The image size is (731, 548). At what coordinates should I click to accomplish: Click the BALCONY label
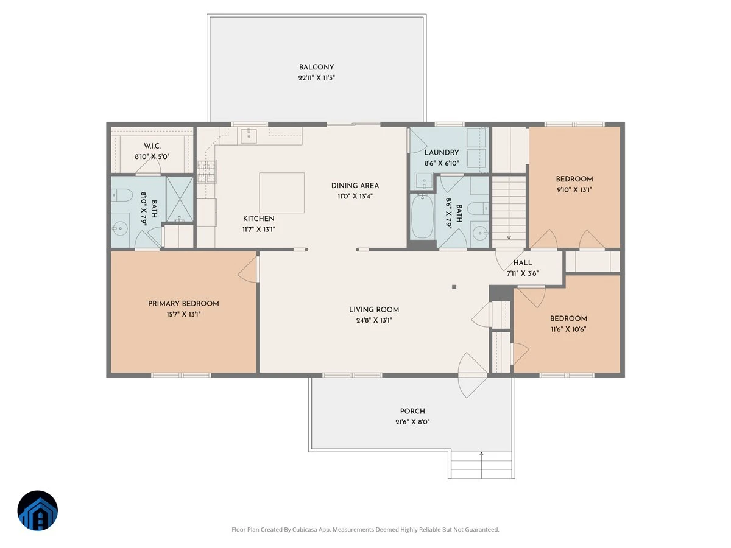click(316, 67)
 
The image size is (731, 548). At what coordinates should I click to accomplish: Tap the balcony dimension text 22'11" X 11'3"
click(316, 78)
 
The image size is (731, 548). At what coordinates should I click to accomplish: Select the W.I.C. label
click(152, 146)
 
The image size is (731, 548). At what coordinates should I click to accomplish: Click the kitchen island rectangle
click(281, 192)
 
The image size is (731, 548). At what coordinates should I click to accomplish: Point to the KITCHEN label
click(259, 219)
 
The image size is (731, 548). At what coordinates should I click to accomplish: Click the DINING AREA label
click(355, 186)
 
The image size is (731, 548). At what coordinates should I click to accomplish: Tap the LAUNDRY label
click(442, 153)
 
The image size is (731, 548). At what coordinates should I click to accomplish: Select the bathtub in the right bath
click(422, 217)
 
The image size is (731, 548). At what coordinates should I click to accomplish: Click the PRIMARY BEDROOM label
click(183, 304)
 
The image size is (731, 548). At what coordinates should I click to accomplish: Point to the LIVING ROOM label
click(374, 310)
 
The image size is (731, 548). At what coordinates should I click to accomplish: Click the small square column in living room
click(454, 287)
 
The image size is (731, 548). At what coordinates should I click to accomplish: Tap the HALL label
click(523, 263)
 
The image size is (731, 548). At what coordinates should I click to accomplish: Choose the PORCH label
click(412, 411)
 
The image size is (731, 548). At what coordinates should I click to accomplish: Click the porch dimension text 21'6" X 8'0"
click(412, 422)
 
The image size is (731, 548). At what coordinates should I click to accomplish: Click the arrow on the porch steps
click(481, 465)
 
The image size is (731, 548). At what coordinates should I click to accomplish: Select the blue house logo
click(38, 510)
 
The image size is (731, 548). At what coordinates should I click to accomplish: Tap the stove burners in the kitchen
click(207, 171)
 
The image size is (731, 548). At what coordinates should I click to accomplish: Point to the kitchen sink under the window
click(249, 136)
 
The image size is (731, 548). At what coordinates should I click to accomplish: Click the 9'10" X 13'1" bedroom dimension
click(574, 190)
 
